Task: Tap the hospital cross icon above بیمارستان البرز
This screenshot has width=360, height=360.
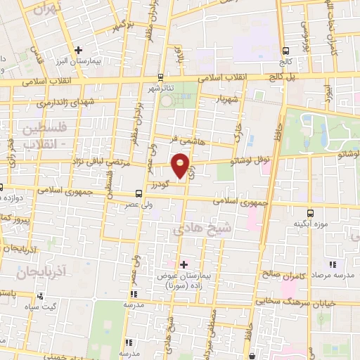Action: coord(79,51)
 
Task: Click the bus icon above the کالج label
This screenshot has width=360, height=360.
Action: coord(286,51)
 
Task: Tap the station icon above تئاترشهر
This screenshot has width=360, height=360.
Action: coord(161,77)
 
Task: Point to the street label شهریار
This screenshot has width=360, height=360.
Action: coord(229,98)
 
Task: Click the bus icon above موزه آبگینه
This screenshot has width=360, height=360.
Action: coord(310,212)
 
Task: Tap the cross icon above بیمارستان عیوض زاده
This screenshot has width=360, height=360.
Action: coord(184,264)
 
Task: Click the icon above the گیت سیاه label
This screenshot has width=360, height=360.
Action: coord(41,295)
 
